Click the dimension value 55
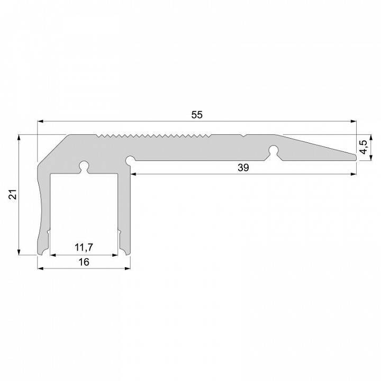(196, 114)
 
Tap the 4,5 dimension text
(363, 146)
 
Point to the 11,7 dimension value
(84, 247)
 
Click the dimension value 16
(84, 261)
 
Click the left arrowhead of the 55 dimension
(40, 122)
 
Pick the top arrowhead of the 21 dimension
(19, 137)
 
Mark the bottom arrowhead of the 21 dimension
(19, 252)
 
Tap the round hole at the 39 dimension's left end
(129, 159)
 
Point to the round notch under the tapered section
(273, 150)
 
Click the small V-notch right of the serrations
(243, 137)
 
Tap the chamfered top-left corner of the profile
(53, 148)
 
